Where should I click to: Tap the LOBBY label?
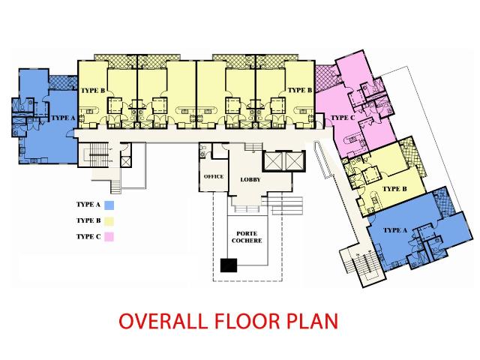250,181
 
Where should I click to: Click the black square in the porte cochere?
228,265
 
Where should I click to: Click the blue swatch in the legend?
109,205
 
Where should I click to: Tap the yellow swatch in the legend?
109,220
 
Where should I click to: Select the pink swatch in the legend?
109,237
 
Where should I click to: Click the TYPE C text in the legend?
88,237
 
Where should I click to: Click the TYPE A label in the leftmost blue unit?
62,118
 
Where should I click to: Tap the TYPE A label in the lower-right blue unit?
394,230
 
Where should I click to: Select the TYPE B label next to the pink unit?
299,90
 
